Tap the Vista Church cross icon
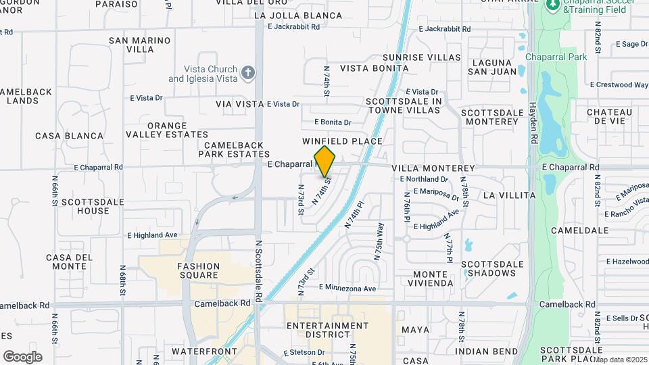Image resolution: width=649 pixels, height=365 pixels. pyautogui.click(x=249, y=72)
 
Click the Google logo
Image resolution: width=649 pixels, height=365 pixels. pyautogui.click(x=22, y=356)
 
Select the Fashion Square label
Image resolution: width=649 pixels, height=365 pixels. pyautogui.click(x=198, y=270)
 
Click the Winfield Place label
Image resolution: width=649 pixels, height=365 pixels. pyautogui.click(x=342, y=141)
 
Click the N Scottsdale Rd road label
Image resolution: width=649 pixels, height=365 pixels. pyautogui.click(x=259, y=270)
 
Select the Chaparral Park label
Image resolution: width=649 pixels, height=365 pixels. pyautogui.click(x=556, y=57)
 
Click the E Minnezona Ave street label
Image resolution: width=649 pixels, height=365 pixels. pyautogui.click(x=347, y=288)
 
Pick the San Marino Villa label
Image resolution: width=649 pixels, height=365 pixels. pyautogui.click(x=140, y=45)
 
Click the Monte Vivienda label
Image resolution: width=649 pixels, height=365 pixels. pyautogui.click(x=425, y=278)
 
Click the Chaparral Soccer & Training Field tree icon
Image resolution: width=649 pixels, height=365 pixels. pyautogui.click(x=554, y=5)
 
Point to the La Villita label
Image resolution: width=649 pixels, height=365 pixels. pyautogui.click(x=509, y=195)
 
